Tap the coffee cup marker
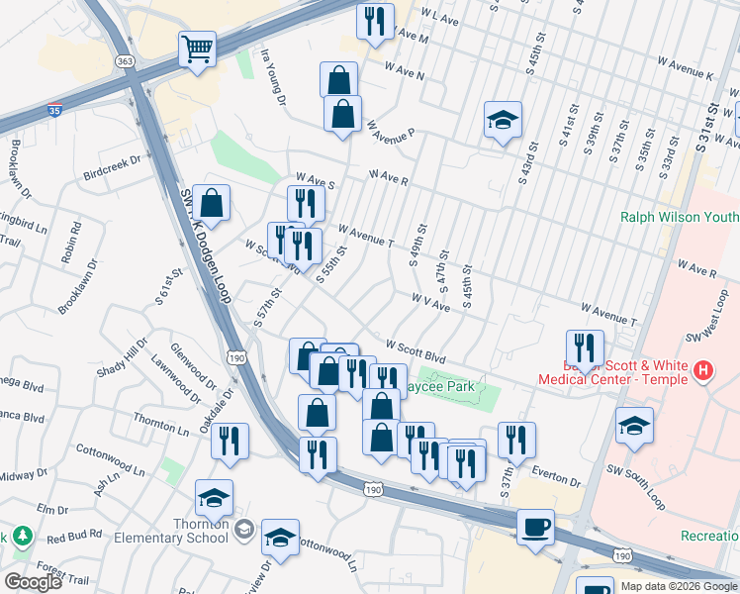click(535, 527)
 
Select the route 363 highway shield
click(126, 61)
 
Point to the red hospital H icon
click(702, 371)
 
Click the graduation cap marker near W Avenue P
click(503, 121)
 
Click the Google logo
click(33, 582)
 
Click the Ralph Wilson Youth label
click(679, 216)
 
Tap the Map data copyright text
click(679, 586)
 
